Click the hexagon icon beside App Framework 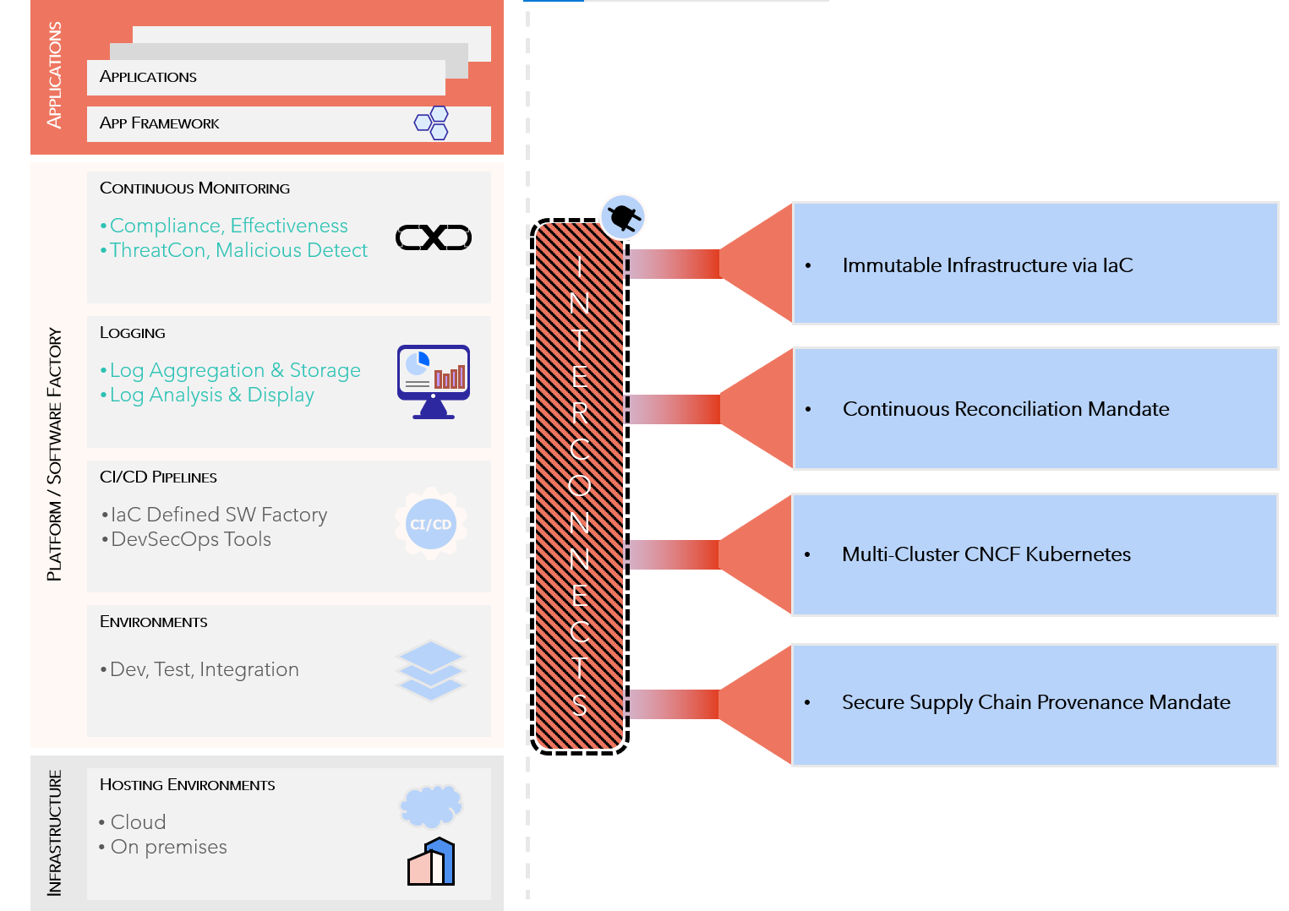tap(432, 123)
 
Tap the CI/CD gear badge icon tap(431, 524)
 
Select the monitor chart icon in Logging tap(434, 381)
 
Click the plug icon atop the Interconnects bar tap(623, 217)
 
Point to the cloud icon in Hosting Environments tap(431, 805)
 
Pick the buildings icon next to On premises tap(432, 862)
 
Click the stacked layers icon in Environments tap(430, 670)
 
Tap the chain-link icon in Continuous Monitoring tap(434, 237)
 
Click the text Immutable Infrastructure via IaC tap(987, 265)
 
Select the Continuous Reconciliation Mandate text tap(1006, 409)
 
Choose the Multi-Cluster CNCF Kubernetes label tap(986, 554)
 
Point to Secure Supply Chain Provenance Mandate tap(1035, 702)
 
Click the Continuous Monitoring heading tap(194, 188)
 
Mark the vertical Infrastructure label tap(55, 832)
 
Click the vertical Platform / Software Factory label tap(55, 454)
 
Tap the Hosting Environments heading tap(188, 785)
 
